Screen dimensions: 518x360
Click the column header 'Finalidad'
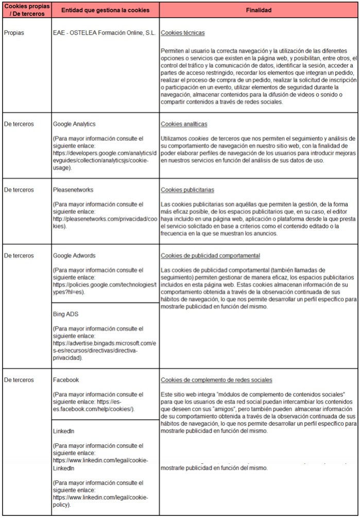[x=258, y=10]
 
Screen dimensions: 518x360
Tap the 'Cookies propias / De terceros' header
[x=26, y=10]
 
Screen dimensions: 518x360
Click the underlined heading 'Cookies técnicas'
[x=183, y=33]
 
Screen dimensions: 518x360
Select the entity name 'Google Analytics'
[x=74, y=124]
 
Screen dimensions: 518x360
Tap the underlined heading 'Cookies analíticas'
[x=184, y=124]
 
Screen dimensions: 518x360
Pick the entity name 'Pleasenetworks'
[x=74, y=190]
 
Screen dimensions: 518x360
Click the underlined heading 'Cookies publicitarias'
[x=187, y=190]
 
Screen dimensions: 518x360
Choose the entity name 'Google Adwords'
[x=74, y=256]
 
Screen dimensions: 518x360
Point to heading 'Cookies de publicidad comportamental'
[x=210, y=256]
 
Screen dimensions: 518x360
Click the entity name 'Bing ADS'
[x=65, y=313]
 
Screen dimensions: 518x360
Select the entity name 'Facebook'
[x=66, y=380]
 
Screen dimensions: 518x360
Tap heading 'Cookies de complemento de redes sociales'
[x=216, y=380]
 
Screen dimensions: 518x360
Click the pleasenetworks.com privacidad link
[x=101, y=219]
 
